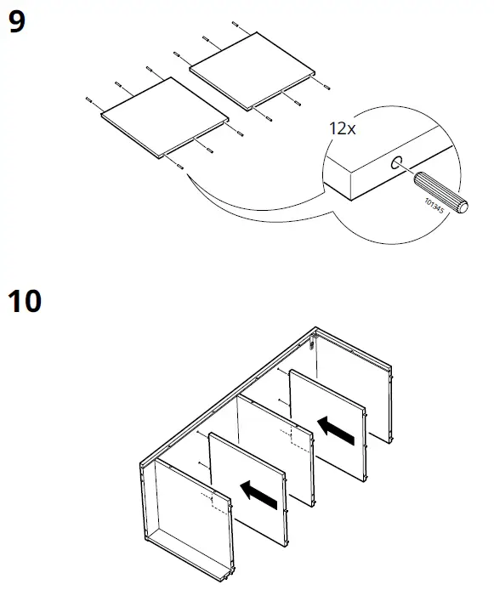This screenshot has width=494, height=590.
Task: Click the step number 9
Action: [15, 23]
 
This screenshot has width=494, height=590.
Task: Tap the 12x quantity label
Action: [343, 129]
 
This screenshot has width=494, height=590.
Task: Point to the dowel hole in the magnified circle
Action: [397, 164]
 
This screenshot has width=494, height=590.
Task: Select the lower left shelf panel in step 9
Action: [163, 117]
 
